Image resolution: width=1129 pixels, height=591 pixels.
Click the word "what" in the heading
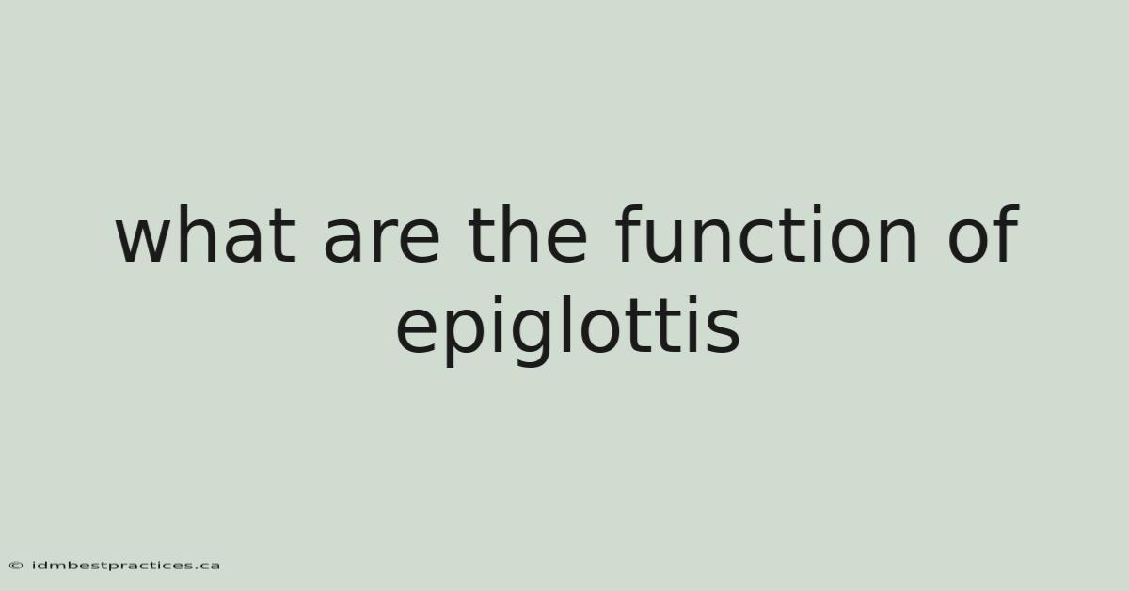click(206, 233)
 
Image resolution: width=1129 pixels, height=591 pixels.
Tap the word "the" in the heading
click(528, 233)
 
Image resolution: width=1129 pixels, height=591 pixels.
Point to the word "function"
click(766, 233)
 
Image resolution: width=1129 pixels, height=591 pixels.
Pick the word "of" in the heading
click(984, 233)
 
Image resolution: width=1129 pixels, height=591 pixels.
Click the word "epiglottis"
click(568, 330)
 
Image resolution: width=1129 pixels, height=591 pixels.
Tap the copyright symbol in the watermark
click(16, 566)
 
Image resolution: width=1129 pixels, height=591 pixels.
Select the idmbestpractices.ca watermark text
click(126, 566)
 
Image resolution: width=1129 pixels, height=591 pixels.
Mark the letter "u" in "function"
click(670, 242)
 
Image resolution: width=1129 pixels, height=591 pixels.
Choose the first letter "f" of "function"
click(630, 233)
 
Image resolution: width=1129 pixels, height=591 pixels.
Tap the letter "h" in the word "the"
click(517, 233)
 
